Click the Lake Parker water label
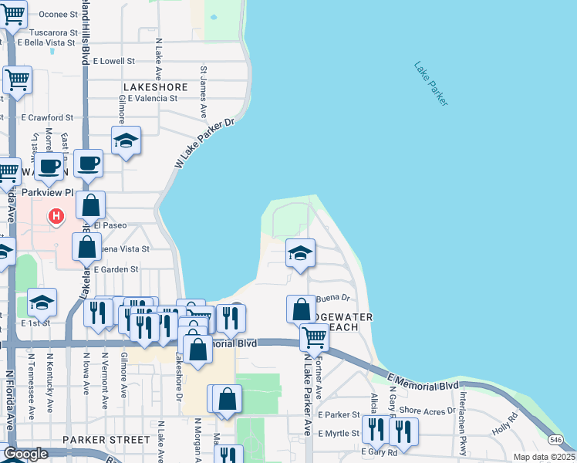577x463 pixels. (430, 83)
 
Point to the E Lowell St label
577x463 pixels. (113, 60)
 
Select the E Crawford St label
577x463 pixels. (47, 118)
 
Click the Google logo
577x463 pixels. (25, 454)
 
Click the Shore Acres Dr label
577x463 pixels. (427, 411)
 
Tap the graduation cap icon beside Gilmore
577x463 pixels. (126, 140)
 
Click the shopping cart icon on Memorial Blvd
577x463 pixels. (314, 336)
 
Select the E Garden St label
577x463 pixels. (113, 269)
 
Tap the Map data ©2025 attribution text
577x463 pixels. (543, 457)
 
